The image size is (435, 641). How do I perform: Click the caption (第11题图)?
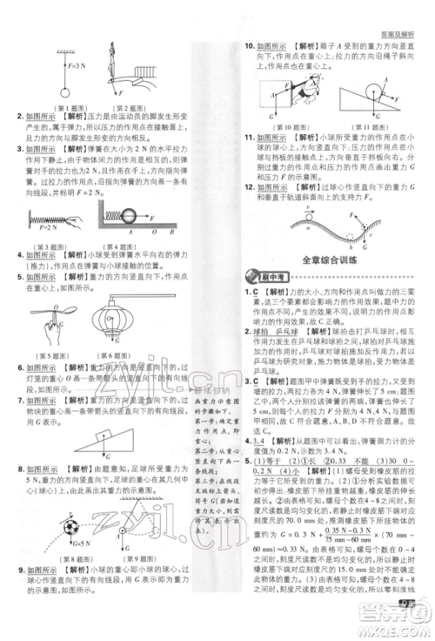click(375, 126)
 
